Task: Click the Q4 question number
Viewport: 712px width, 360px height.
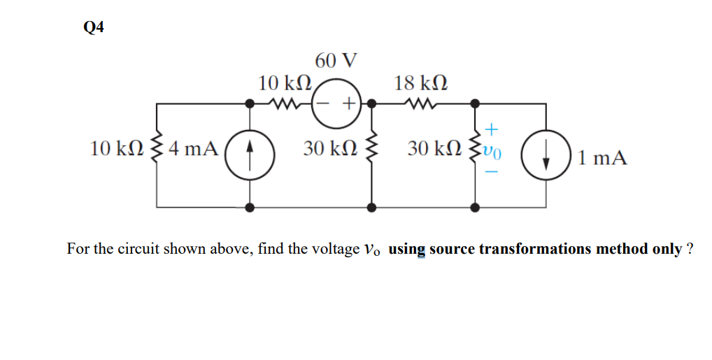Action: point(92,27)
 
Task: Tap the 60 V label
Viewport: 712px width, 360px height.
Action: point(336,61)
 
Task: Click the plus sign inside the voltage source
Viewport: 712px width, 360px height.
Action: point(348,105)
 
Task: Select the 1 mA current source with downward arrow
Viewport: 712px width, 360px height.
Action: point(547,154)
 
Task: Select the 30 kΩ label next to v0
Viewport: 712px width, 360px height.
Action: point(438,148)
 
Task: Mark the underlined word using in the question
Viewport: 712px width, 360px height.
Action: point(406,250)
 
